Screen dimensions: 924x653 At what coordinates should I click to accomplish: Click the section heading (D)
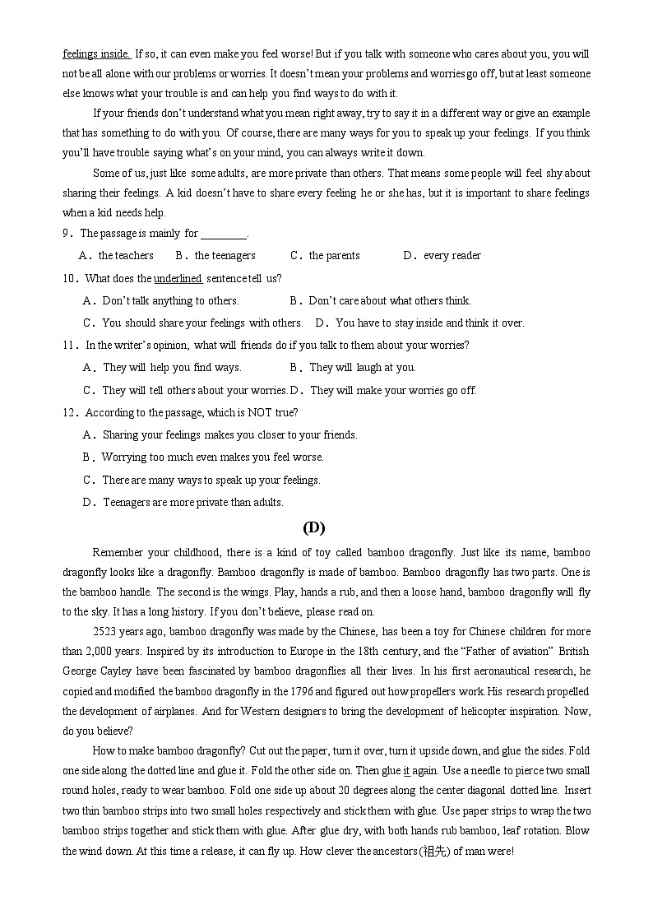point(313,527)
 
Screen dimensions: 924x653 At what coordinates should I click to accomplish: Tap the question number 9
point(66,234)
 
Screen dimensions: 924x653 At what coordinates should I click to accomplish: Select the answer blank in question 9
point(224,234)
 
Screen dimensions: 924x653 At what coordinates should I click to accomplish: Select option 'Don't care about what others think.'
point(390,301)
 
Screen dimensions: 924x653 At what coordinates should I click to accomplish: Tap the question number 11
point(69,346)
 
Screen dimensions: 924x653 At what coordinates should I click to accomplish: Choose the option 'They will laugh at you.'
point(363,368)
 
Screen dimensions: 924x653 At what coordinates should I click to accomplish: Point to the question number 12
point(69,412)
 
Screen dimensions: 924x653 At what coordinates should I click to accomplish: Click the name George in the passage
point(81,671)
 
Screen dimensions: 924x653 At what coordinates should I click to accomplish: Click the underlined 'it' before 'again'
point(406,771)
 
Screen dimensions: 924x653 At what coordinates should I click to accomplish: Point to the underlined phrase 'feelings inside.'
point(96,54)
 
